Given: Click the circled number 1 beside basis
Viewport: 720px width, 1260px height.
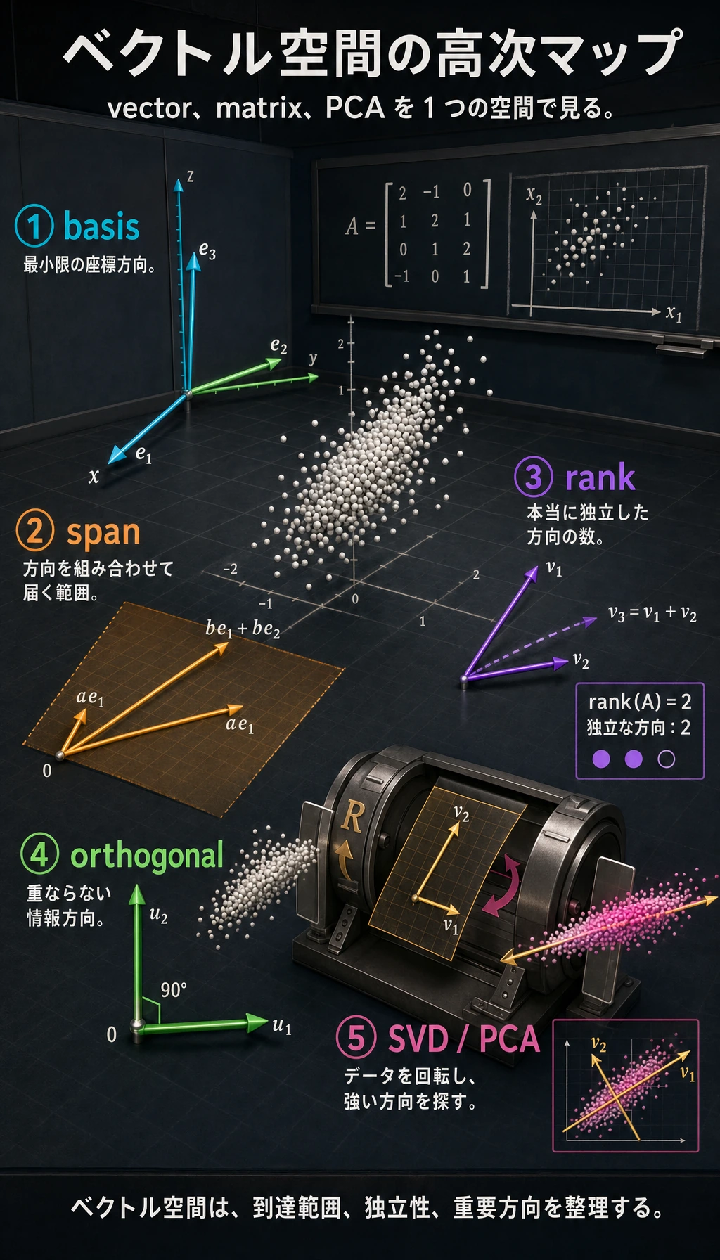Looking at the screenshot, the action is (x=34, y=226).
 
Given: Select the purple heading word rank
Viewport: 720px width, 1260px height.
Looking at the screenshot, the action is (x=600, y=478).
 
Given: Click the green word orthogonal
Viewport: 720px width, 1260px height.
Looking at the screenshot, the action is (x=147, y=856).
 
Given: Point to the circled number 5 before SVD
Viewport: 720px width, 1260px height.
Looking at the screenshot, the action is (x=356, y=1039).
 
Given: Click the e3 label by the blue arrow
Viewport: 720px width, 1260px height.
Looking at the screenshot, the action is (x=207, y=250).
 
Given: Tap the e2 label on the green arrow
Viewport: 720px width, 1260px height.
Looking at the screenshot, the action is (x=279, y=347).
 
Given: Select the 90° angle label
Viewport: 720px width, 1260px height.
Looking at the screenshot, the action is (x=174, y=990).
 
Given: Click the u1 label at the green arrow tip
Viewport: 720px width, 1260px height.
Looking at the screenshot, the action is (x=282, y=1026).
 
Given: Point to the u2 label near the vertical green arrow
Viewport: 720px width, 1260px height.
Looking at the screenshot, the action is (x=159, y=915).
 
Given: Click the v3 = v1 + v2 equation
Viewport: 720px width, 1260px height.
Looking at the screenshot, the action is (x=652, y=614).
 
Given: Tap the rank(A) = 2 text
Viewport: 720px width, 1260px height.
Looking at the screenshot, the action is (x=640, y=702).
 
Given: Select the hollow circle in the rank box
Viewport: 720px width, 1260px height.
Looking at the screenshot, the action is (x=666, y=759).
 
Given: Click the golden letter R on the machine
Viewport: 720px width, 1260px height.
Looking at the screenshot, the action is (x=352, y=817).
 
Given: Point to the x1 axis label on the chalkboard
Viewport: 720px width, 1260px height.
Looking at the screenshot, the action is (x=674, y=313).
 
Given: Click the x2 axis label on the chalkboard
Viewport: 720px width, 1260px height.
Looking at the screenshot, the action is (x=534, y=195).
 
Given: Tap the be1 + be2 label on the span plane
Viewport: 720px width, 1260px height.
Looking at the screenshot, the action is (x=243, y=629).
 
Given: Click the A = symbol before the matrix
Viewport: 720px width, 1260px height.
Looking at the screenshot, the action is (x=360, y=226).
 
